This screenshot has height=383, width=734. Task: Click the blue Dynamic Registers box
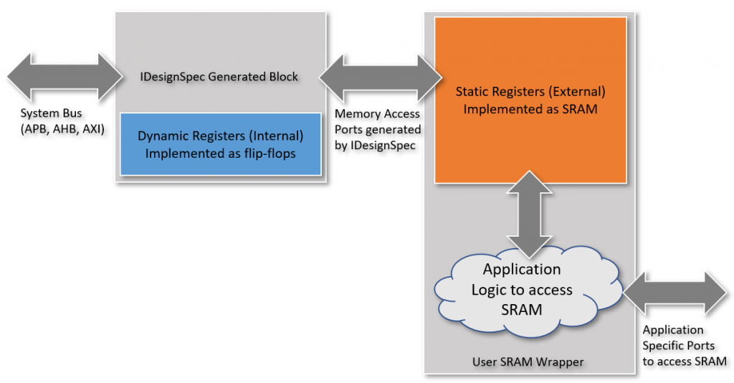220,143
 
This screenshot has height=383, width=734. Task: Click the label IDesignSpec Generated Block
221,77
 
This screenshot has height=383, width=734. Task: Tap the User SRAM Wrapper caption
528,361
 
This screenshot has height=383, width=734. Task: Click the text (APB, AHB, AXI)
62,128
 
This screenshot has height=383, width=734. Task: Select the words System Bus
51,113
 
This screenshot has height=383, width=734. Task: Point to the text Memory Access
377,113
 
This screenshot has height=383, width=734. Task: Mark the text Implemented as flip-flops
220,153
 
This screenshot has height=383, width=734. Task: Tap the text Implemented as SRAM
530,109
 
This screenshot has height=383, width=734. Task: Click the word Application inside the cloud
522,270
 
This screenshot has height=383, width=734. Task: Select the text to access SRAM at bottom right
685,361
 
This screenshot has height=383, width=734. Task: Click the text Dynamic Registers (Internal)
220,135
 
